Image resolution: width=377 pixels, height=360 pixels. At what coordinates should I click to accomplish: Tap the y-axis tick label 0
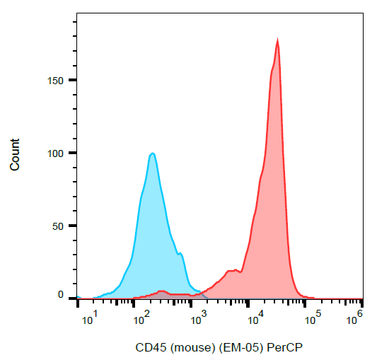click(61, 294)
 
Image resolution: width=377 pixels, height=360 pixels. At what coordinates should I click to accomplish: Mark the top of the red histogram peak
click(277, 40)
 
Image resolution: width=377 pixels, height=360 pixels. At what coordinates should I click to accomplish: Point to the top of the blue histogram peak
click(151, 153)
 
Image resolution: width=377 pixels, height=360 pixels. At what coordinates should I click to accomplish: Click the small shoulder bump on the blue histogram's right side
click(180, 253)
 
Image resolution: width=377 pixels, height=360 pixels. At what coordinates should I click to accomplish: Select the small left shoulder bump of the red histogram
click(231, 270)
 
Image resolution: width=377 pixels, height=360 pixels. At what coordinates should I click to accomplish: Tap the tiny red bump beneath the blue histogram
click(162, 291)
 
